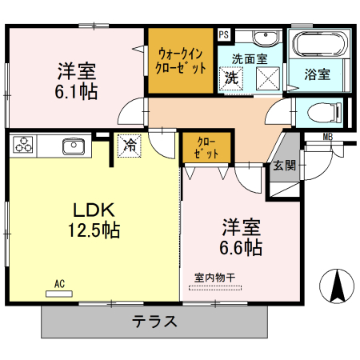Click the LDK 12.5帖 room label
96,220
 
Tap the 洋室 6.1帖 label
77,81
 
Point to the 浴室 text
317,75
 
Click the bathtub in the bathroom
318,44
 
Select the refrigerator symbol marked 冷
129,145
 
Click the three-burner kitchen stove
22,146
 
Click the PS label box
223,34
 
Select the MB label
328,137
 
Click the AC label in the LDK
60,283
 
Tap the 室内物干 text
215,278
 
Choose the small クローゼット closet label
206,149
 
